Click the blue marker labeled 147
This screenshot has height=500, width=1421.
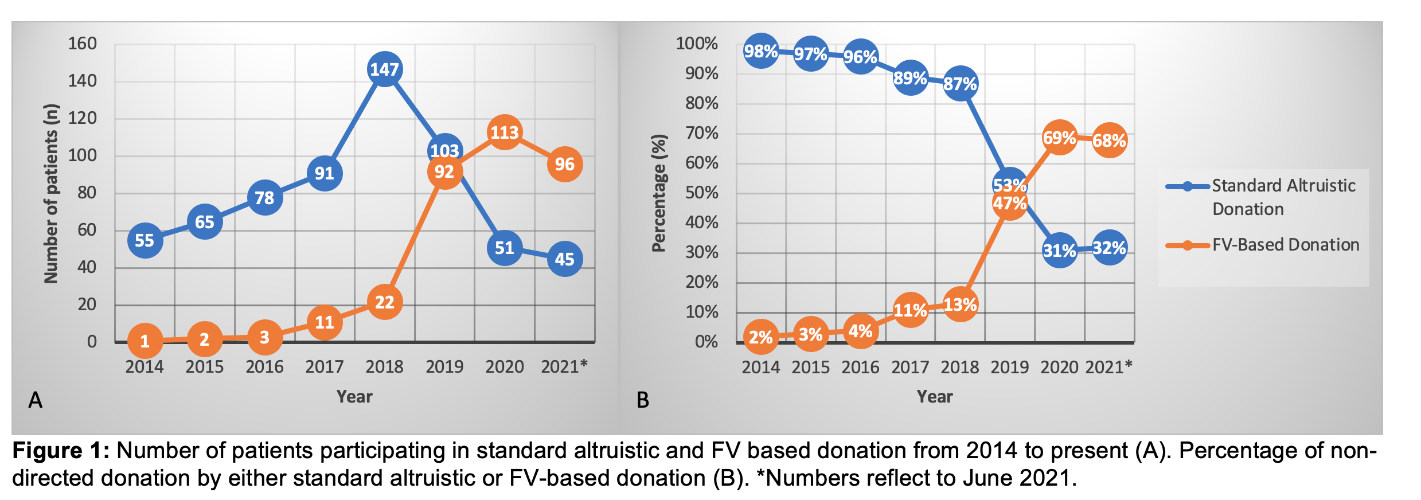384,69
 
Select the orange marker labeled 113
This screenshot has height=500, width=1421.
505,132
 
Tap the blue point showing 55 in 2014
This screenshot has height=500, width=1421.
145,240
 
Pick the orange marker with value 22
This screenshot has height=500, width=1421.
384,302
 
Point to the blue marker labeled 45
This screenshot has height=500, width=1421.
565,259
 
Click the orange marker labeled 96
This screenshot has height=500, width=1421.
565,165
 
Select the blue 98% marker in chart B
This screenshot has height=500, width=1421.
761,52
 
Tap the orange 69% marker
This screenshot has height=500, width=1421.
1059,138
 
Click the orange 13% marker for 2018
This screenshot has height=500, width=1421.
960,304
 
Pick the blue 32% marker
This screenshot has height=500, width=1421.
1109,248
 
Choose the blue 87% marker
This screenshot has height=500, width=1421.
960,84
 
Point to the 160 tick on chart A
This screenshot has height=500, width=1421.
83,44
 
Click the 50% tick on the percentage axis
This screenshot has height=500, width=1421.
701,193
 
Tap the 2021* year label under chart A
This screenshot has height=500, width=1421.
564,366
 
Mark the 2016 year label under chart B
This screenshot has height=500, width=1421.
860,367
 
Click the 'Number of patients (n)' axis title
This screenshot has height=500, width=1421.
51,193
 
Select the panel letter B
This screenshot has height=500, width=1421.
643,400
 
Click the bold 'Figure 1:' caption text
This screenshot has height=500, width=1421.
61,451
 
